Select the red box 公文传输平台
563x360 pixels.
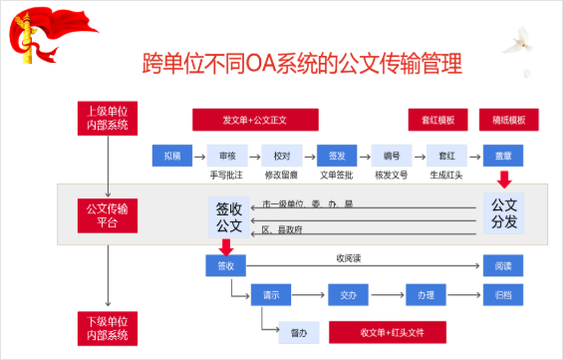pos(108,214)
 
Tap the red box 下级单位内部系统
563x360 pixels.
pos(108,326)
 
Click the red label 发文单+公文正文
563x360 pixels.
pos(255,119)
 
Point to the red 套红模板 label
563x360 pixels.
pos(436,119)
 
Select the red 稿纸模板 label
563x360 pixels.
pos(503,119)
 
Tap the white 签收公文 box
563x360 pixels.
pos(229,218)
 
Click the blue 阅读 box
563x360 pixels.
pos(503,266)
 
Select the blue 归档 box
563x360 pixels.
pos(503,295)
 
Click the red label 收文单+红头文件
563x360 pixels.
pos(387,331)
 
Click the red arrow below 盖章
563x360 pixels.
pos(504,180)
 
